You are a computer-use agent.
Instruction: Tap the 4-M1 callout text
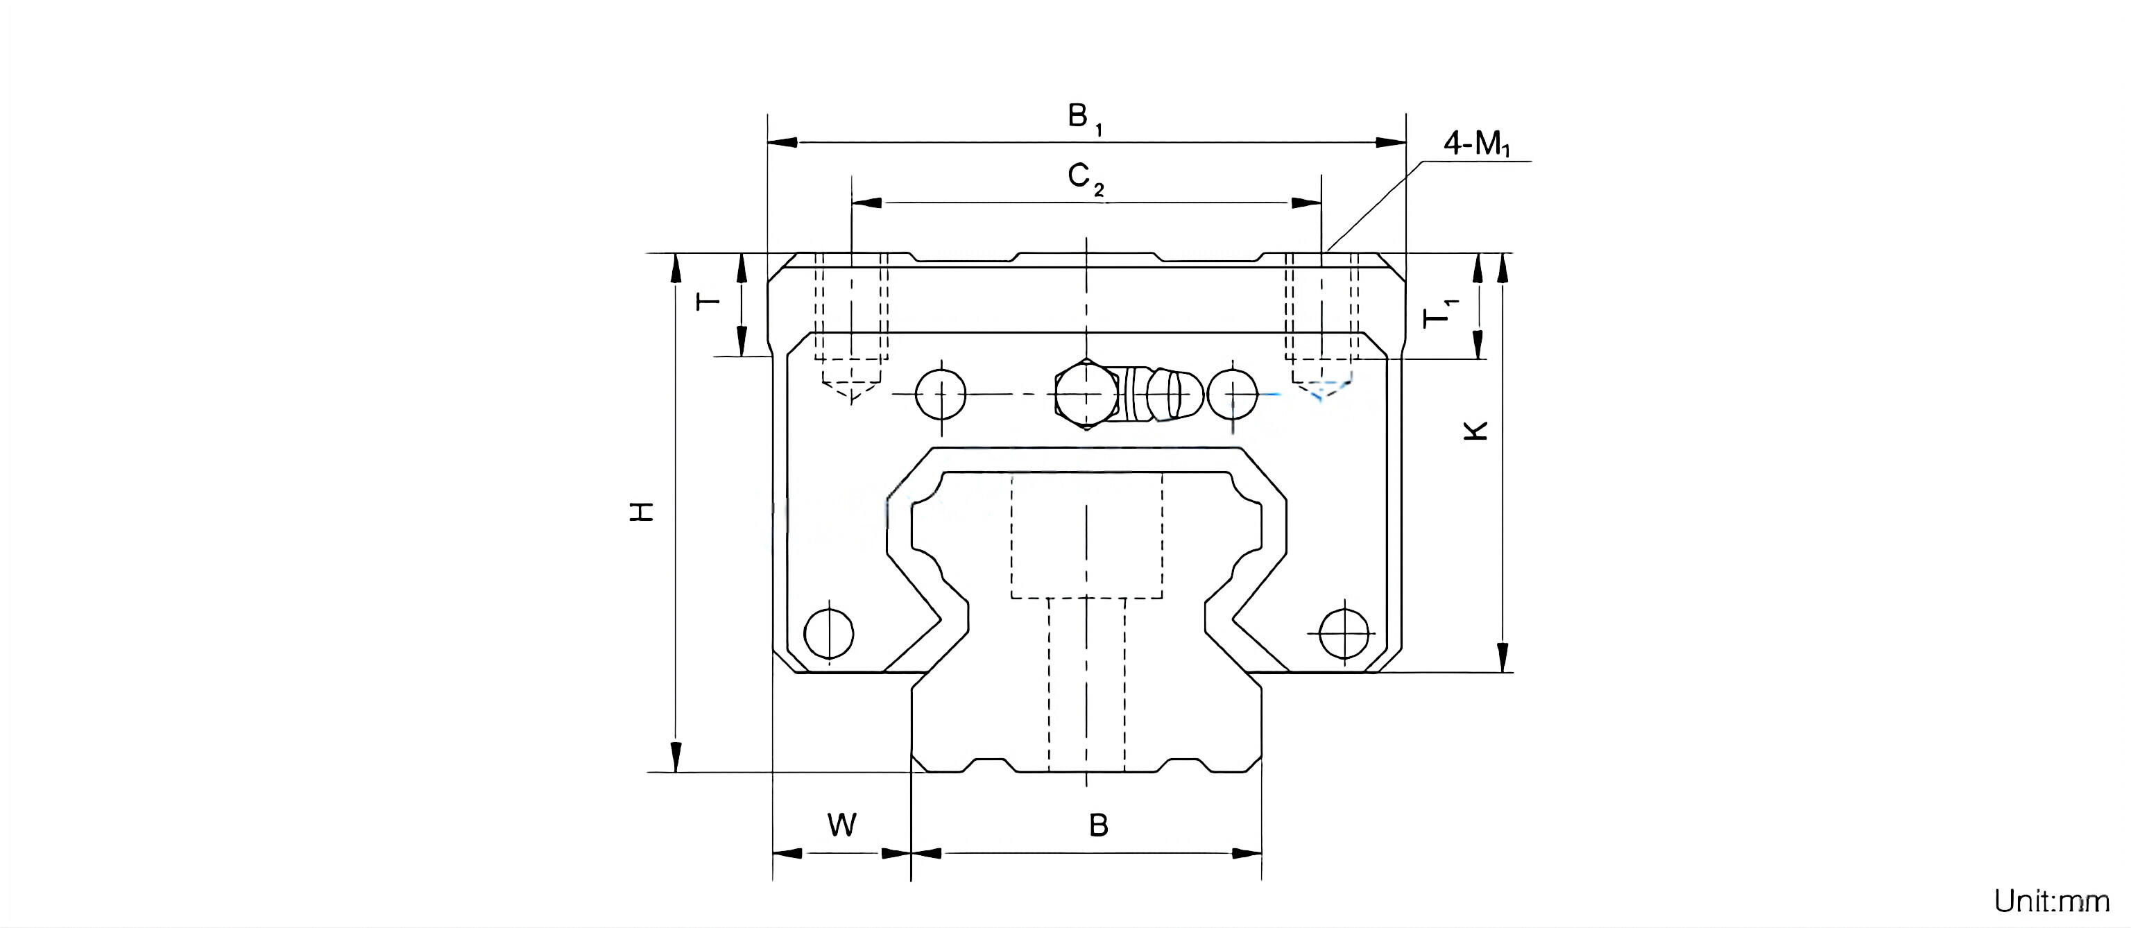(1477, 145)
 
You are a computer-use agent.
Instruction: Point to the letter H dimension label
(643, 511)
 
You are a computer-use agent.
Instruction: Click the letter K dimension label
(1477, 431)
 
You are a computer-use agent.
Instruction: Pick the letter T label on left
(708, 300)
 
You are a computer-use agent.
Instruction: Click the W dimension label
(841, 825)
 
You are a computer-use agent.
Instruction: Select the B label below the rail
(1098, 825)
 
